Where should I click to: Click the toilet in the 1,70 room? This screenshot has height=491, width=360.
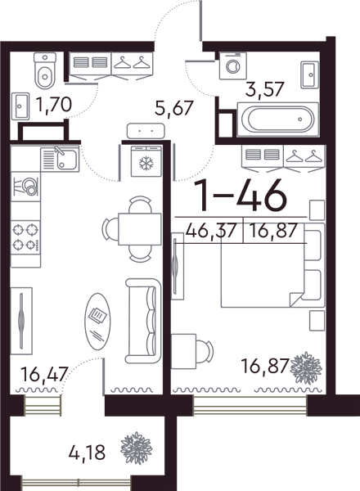(45, 70)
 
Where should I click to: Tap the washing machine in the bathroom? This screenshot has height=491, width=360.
(233, 65)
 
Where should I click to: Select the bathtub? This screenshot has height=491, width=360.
(277, 119)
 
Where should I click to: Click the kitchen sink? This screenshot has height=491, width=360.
(60, 160)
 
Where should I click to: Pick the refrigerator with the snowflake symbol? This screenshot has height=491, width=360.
(146, 161)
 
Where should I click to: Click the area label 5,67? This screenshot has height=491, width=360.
(173, 108)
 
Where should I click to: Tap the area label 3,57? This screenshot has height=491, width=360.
(265, 88)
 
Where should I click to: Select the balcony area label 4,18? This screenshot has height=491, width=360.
(87, 453)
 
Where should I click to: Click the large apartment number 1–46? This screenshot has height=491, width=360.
(240, 196)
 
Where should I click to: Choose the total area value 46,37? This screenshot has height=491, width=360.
(210, 231)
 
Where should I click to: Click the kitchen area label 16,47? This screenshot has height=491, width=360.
(44, 374)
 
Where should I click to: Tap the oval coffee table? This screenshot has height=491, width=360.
(97, 321)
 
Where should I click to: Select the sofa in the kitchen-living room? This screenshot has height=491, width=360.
(144, 321)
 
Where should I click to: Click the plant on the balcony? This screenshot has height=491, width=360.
(137, 448)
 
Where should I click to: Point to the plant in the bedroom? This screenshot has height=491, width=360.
(306, 367)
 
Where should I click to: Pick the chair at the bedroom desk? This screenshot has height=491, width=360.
(205, 351)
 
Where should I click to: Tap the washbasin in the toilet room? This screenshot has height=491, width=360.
(20, 106)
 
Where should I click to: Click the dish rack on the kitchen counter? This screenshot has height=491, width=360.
(25, 187)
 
